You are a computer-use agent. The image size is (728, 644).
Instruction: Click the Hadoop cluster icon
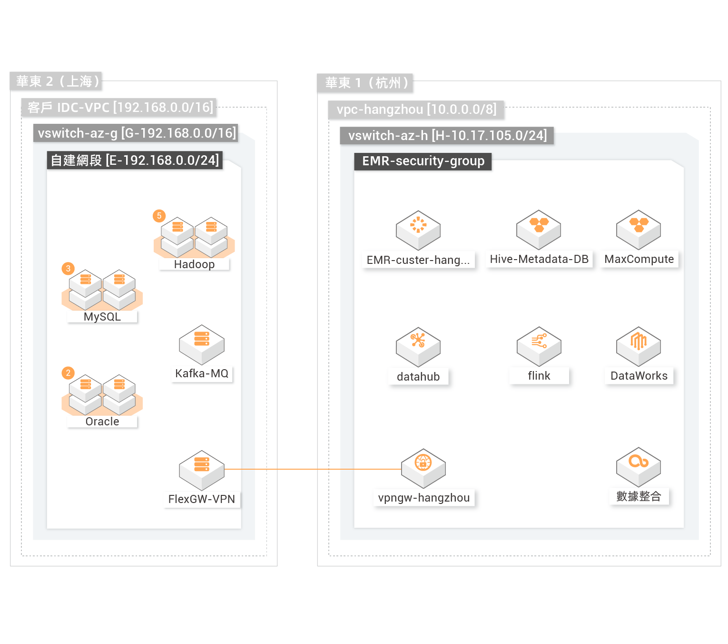coord(194,237)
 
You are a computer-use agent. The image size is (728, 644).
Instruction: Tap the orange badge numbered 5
coord(159,216)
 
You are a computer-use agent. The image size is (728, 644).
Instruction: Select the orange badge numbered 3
coord(68,269)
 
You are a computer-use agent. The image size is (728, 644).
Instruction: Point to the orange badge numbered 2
coord(68,373)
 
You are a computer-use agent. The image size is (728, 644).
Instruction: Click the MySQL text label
coord(102,317)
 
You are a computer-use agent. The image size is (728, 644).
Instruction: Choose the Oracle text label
coord(102,422)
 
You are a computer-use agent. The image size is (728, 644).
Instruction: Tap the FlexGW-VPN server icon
coord(202,470)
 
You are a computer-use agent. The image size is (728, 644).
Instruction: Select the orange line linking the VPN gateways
coord(312,469)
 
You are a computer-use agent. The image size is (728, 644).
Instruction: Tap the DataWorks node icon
coord(639,346)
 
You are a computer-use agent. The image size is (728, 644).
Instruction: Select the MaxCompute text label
coord(639,259)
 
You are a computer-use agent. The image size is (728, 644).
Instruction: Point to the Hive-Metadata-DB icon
coord(539,230)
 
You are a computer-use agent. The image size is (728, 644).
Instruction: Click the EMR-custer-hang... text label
coord(418,260)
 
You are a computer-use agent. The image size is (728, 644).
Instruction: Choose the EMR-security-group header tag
coord(423,161)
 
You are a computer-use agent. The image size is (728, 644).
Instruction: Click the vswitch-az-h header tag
coord(447,136)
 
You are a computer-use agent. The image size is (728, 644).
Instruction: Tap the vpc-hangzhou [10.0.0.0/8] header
coord(416,110)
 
